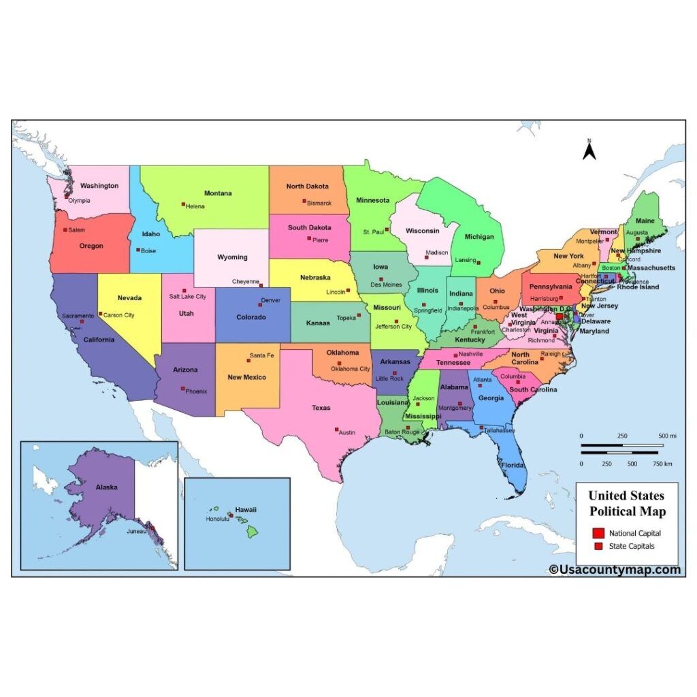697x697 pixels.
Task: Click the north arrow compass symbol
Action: pos(589,150)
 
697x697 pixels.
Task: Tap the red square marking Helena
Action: pos(183,204)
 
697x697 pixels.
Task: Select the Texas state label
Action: pos(321,408)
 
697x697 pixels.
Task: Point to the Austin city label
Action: pos(347,432)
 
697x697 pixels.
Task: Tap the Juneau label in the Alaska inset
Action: pos(136,531)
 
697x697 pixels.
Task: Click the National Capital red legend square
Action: pos(598,533)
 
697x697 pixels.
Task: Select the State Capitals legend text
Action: pos(632,546)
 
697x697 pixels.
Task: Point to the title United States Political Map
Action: pos(627,503)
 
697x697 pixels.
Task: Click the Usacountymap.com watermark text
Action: pos(615,570)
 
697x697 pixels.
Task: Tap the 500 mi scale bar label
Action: pos(667,436)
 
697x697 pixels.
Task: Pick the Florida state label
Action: pos(514,466)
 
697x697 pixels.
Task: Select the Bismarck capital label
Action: pos(319,203)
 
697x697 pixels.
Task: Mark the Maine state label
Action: pos(645,221)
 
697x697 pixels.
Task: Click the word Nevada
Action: pos(129,298)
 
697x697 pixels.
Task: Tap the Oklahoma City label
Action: pos(351,369)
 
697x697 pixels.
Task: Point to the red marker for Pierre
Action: pos(308,238)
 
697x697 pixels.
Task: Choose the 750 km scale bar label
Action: pos(663,464)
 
